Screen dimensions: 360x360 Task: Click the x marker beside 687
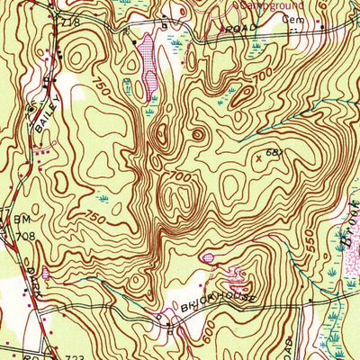pyautogui.click(x=259, y=157)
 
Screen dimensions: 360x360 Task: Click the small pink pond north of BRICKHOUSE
pyautogui.click(x=208, y=258)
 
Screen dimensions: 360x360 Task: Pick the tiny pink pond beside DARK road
pyautogui.click(x=45, y=272)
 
